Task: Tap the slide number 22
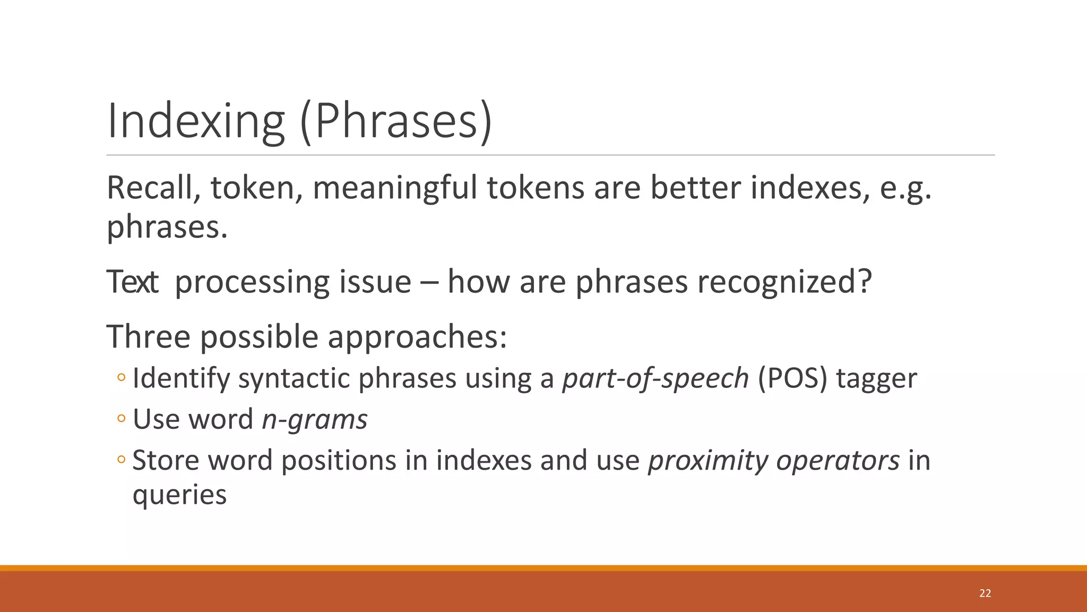click(985, 593)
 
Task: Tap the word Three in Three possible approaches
click(148, 337)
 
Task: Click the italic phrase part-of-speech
click(655, 379)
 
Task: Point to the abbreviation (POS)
click(792, 379)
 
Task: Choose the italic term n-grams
click(314, 420)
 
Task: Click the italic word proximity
click(708, 461)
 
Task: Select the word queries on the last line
click(179, 495)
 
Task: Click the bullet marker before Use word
click(121, 419)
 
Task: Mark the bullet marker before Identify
click(121, 378)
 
